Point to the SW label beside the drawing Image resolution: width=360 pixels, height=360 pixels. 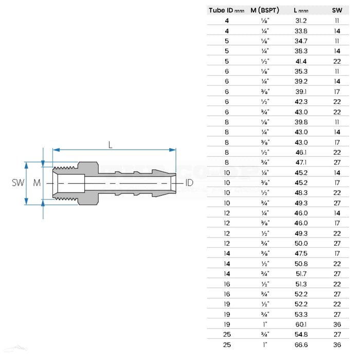[17, 183]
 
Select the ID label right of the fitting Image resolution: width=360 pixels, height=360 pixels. [189, 183]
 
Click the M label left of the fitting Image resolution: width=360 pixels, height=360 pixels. [36, 183]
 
